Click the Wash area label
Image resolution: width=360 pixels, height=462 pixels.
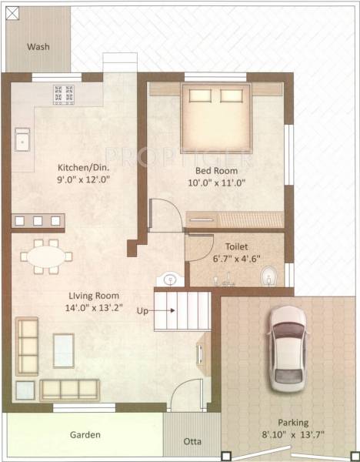click(x=38, y=47)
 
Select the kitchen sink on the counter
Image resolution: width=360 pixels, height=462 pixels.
click(x=22, y=141)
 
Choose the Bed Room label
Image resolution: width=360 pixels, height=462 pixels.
click(x=215, y=170)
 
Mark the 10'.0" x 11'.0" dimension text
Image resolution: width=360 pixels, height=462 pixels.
click(x=215, y=183)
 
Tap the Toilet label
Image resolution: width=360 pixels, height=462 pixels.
click(x=236, y=248)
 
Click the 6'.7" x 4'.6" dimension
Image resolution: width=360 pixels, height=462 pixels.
click(x=236, y=261)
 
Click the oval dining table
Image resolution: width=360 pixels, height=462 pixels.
click(x=43, y=256)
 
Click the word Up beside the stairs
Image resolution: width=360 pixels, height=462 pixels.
click(x=142, y=311)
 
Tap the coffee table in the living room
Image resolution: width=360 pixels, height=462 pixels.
click(x=63, y=350)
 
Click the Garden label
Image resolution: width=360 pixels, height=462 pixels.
click(x=85, y=435)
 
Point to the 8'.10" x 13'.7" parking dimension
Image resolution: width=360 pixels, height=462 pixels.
click(x=293, y=435)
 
